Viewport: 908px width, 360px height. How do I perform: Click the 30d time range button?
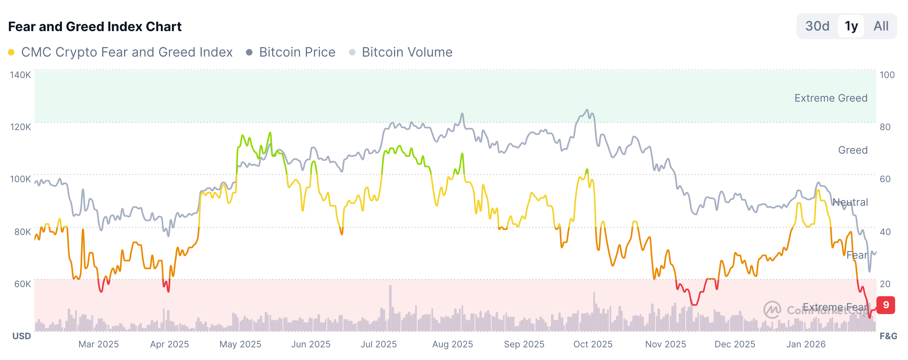[817, 26]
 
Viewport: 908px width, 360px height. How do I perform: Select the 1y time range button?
[851, 26]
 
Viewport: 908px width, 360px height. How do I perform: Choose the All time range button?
[881, 26]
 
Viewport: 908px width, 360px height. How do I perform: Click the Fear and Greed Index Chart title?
[95, 27]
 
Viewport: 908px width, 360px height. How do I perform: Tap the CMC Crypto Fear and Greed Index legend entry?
[127, 52]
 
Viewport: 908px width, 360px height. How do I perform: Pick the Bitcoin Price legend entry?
[297, 52]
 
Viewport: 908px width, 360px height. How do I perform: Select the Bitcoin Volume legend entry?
[407, 52]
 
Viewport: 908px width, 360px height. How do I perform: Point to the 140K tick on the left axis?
[20, 75]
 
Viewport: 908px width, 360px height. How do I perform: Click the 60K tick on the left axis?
[23, 284]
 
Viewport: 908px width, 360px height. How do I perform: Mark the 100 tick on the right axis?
[887, 75]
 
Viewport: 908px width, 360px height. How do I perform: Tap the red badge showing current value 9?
[886, 305]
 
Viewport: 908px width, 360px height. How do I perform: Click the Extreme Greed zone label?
[831, 98]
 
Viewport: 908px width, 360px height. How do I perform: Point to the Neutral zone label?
[850, 202]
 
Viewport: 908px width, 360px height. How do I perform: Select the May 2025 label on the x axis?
[240, 344]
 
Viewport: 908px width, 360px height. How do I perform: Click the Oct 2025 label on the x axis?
[593, 344]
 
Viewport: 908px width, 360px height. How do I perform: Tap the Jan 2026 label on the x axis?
[806, 344]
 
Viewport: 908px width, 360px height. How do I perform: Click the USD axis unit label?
[21, 336]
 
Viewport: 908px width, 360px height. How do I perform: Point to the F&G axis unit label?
[888, 336]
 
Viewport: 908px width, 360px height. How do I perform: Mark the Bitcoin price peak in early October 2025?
[587, 110]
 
